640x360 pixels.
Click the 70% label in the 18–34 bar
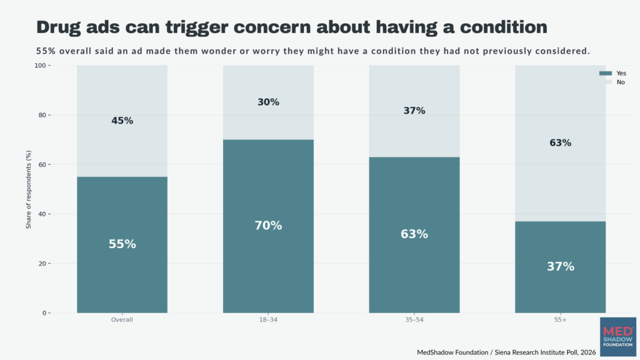pyautogui.click(x=268, y=225)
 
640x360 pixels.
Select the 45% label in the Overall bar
pyautogui.click(x=122, y=121)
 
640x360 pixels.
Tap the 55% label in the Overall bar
pyautogui.click(x=122, y=244)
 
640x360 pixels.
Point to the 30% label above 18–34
pyautogui.click(x=268, y=102)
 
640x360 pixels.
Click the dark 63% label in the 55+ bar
pyautogui.click(x=561, y=143)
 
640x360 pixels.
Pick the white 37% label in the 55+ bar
pyautogui.click(x=561, y=266)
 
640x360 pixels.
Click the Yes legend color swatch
pyautogui.click(x=605, y=74)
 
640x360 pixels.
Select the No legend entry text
pyautogui.click(x=621, y=82)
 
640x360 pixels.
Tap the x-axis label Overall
pyautogui.click(x=122, y=319)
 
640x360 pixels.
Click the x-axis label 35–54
pyautogui.click(x=414, y=319)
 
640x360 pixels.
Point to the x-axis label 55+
pyautogui.click(x=561, y=319)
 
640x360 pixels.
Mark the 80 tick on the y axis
pyautogui.click(x=42, y=115)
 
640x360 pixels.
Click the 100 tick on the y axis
pyautogui.click(x=40, y=65)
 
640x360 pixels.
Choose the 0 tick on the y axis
pyautogui.click(x=44, y=313)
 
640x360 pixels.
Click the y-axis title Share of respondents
pyautogui.click(x=29, y=189)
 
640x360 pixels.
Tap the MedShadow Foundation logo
pyautogui.click(x=618, y=337)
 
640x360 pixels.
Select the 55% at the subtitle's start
pyautogui.click(x=46, y=51)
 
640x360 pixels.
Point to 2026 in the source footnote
pyautogui.click(x=588, y=352)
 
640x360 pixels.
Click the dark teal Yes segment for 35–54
pyautogui.click(x=414, y=235)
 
